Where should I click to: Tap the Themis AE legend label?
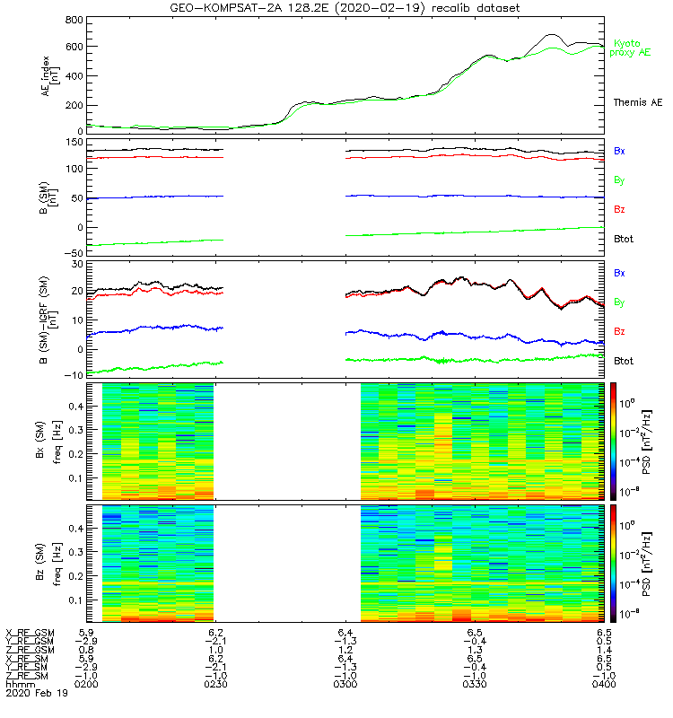pos(637,103)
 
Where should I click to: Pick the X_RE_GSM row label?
pos(30,634)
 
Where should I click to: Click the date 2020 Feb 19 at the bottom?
pos(36,694)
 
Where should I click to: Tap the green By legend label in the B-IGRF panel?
pos(619,302)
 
